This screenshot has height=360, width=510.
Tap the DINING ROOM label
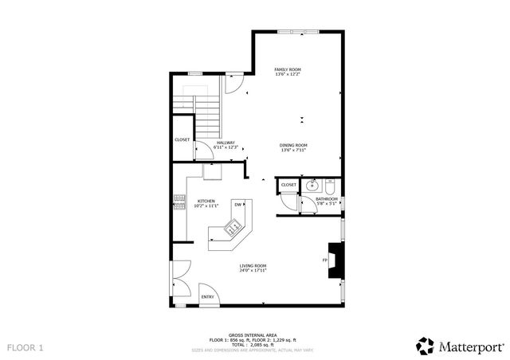(x=293, y=147)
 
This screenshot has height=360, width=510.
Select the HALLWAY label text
(x=226, y=144)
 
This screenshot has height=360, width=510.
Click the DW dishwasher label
(x=237, y=205)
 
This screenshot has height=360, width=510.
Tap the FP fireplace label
(x=324, y=260)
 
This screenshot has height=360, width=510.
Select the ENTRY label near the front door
(x=207, y=297)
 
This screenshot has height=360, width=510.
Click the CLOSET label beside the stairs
(x=182, y=139)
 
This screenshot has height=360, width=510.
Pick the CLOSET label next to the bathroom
(x=288, y=185)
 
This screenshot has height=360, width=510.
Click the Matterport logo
(x=460, y=345)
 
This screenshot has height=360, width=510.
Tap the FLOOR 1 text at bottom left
(x=25, y=348)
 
